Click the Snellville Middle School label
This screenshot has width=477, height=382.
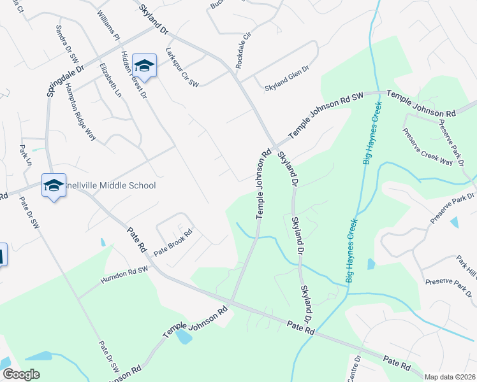tap(111, 185)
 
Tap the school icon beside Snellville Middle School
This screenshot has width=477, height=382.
tap(54, 185)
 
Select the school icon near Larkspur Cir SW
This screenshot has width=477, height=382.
tap(145, 66)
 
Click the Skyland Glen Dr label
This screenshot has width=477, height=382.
tap(287, 87)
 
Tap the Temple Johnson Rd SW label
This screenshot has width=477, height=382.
tap(326, 115)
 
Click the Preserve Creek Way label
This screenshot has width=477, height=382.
tap(427, 147)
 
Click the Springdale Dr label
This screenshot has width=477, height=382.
tap(65, 80)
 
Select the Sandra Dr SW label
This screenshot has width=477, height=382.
tap(64, 42)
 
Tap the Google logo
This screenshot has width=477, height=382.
tap(20, 374)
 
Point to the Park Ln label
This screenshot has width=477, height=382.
tap(25, 156)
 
